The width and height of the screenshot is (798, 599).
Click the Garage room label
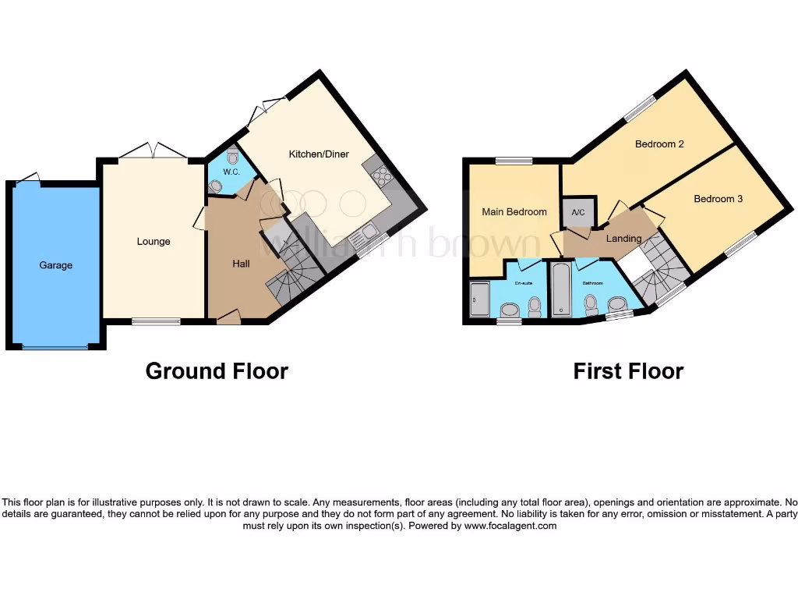point(56,265)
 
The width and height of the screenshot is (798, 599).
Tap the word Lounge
point(154,242)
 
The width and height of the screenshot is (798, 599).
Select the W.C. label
point(231,172)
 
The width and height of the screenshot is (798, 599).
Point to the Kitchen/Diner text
point(319,154)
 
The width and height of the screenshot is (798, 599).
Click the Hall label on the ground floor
point(241,264)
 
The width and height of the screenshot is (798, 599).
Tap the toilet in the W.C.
point(233,154)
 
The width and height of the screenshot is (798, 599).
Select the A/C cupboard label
point(578,213)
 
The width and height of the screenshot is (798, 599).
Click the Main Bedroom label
point(514,212)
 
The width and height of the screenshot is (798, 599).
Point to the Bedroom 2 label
point(659,144)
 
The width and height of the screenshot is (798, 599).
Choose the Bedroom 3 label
point(719,199)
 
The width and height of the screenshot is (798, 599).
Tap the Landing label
point(624,239)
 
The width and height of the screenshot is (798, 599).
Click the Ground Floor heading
point(217,371)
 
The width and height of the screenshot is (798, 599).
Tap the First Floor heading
point(628,371)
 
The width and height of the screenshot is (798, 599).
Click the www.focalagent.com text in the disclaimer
point(511,526)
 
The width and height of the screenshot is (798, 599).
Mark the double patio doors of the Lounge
point(153,151)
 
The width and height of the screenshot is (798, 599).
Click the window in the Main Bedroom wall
point(514,161)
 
